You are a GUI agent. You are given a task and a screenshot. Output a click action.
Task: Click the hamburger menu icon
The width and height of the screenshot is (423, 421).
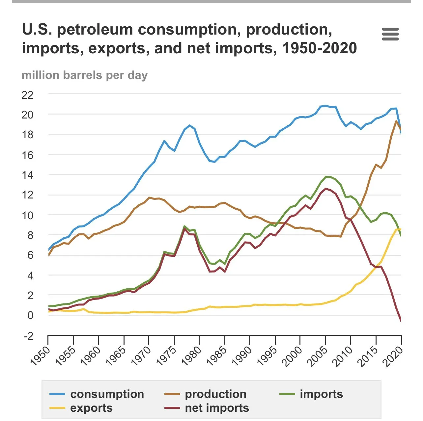coord(390,34)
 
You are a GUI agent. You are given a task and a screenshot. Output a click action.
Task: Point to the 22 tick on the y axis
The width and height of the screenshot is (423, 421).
coord(27,95)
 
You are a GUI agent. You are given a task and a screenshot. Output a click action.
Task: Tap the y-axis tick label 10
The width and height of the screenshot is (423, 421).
coord(27,216)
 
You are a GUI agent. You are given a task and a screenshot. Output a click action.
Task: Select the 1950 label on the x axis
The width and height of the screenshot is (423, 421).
coord(41,355)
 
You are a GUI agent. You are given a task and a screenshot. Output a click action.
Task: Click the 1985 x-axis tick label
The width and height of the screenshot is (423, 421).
coord(217,355)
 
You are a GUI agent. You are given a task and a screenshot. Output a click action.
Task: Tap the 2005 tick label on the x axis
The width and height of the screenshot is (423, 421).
coord(318,355)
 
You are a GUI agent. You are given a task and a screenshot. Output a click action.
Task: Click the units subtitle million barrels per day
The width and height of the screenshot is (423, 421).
coord(85,75)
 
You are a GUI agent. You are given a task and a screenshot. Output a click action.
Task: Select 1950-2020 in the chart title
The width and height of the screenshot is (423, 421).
coord(319,48)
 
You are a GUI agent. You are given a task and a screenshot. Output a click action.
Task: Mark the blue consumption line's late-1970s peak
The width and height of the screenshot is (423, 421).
coord(189,125)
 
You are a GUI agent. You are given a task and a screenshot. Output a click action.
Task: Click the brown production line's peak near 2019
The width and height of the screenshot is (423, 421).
coord(396,121)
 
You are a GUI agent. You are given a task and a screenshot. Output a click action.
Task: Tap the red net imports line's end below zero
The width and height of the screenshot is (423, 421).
coord(401,321)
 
